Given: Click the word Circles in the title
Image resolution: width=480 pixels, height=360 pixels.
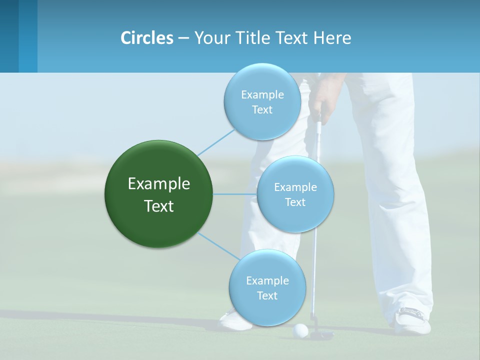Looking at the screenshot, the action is [147, 38].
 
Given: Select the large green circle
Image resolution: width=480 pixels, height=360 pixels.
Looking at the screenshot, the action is [158, 194].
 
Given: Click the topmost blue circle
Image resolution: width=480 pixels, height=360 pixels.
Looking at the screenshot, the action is [262, 101].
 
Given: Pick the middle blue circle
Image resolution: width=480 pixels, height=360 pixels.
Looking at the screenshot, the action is [295, 194].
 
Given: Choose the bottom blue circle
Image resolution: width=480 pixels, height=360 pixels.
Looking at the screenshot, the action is [267, 287].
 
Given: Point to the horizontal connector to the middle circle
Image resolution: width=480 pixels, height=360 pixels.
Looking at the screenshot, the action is [234, 194].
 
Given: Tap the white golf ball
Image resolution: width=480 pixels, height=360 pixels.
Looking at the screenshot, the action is [300, 329].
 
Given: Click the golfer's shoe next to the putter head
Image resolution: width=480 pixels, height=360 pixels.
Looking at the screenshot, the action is [412, 320].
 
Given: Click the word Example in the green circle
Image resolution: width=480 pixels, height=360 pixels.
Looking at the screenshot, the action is [158, 184].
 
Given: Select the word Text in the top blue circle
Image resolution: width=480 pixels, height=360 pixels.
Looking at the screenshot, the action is [262, 109].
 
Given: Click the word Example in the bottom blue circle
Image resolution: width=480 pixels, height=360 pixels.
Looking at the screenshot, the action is [267, 280].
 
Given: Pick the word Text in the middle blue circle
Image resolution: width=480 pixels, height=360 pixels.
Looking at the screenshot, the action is [295, 202].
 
